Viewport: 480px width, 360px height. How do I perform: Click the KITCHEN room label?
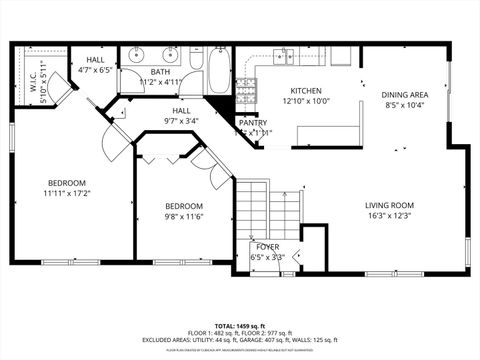point(305,91)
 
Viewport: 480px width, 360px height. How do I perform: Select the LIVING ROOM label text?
point(389,206)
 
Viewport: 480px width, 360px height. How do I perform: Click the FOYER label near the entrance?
point(267,246)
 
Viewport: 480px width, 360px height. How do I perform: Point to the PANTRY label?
point(252,123)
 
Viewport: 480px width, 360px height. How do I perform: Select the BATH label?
point(161,73)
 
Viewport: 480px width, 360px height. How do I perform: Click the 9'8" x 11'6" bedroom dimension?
point(184,217)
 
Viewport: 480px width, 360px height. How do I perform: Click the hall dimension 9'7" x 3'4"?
point(181,121)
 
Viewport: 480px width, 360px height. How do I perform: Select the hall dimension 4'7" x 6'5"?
point(95,71)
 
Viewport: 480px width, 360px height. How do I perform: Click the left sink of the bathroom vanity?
point(135,54)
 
